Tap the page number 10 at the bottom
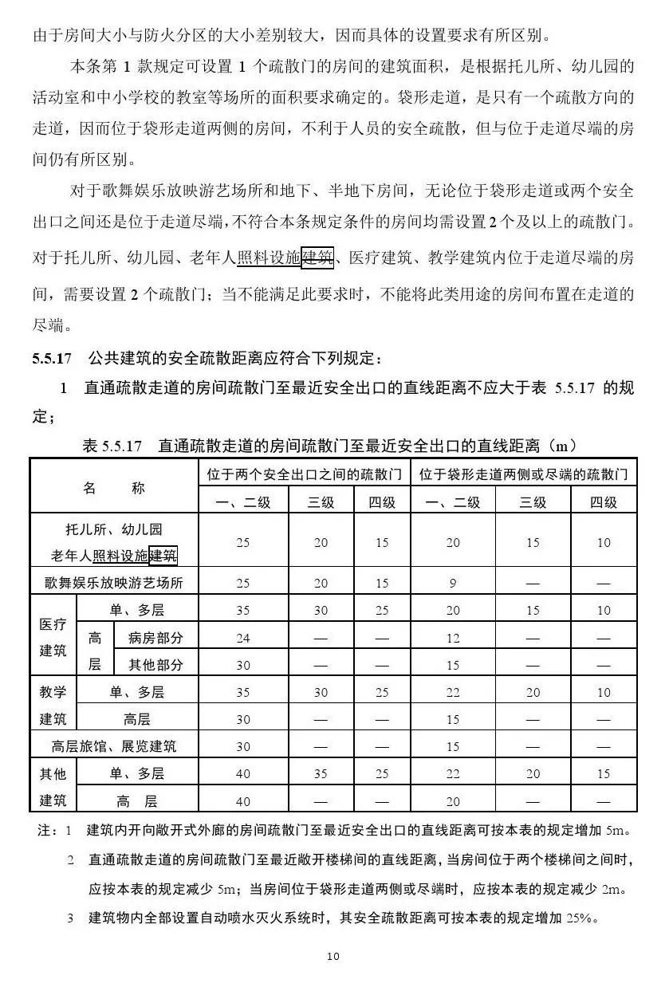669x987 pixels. tap(333, 956)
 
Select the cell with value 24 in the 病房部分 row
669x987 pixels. tap(242, 638)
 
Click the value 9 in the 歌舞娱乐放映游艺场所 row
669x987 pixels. tap(453, 583)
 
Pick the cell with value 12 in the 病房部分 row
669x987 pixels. tap(453, 638)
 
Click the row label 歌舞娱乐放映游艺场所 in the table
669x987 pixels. tap(113, 583)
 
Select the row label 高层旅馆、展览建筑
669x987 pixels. tap(113, 747)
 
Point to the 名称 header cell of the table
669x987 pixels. tap(113, 488)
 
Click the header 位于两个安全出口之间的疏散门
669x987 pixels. tap(304, 474)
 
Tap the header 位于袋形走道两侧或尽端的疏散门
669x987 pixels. tap(527, 474)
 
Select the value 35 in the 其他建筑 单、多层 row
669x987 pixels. tap(321, 773)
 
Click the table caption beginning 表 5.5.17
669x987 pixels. tap(329, 446)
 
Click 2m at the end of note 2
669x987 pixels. tap(612, 889)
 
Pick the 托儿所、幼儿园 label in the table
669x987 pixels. tap(113, 529)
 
